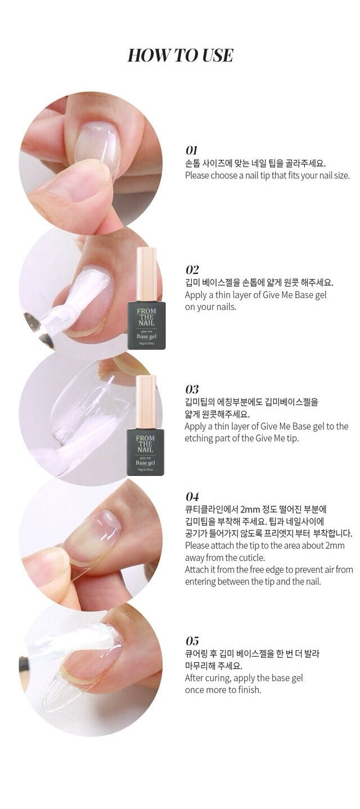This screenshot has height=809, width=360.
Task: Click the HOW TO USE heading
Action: pos(180,55)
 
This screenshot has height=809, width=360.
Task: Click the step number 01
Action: pos(191,150)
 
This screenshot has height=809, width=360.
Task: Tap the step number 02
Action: pos(192,269)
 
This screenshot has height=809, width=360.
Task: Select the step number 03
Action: pos(192,389)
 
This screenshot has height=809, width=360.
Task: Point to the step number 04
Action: pos(192,496)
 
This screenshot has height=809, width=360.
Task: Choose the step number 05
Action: pos(192,640)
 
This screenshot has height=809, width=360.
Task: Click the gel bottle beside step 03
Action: pos(146,425)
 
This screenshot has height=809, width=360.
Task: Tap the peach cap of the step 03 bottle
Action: pos(146,393)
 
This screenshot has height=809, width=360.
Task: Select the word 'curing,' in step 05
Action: pos(223,678)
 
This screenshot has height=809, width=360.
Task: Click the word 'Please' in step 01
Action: pos(197,176)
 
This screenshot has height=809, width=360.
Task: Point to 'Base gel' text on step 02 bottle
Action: pos(146,336)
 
